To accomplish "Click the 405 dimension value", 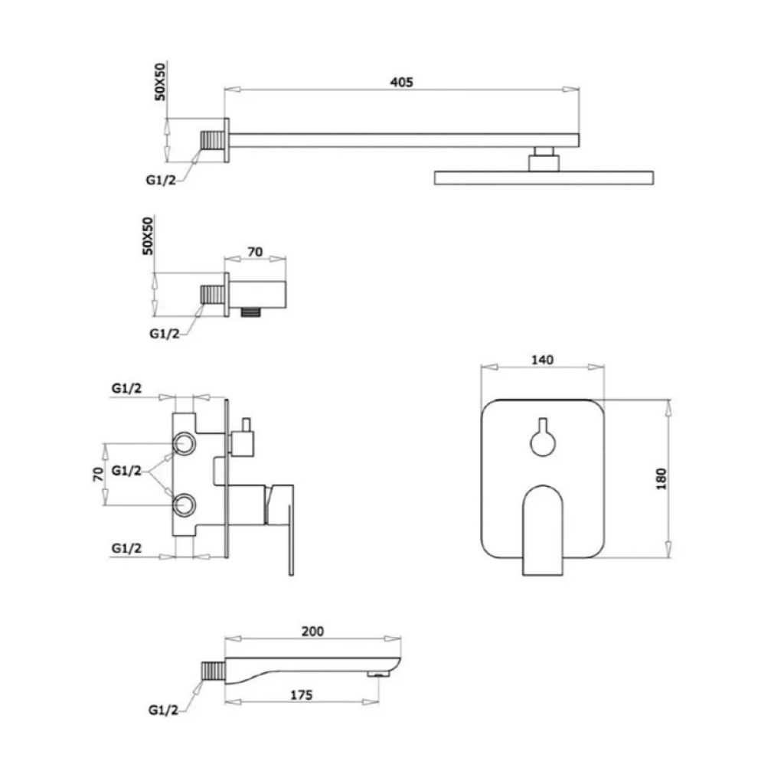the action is (401, 82).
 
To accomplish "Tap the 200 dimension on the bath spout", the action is (312, 632).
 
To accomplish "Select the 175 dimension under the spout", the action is (302, 695).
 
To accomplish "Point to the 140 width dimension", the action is (543, 360).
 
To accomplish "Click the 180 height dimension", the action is (661, 479).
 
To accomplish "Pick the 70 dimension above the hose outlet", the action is (255, 252).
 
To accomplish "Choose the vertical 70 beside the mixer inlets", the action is (98, 474).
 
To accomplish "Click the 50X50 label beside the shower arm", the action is (160, 81).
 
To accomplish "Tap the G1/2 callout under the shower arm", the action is (161, 180).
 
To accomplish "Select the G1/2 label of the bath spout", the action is (164, 710).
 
